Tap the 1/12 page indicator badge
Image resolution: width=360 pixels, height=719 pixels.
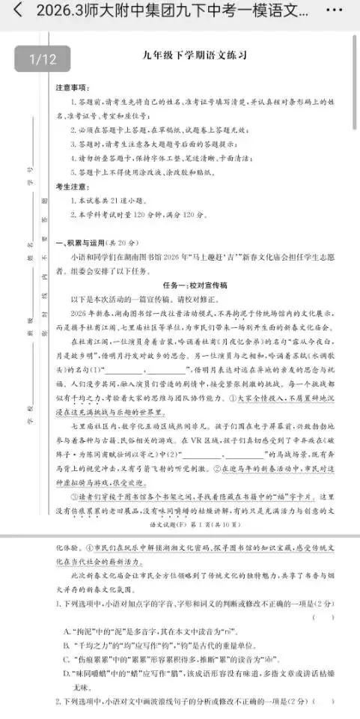[43, 58]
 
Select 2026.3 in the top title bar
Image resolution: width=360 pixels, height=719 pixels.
[52, 12]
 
